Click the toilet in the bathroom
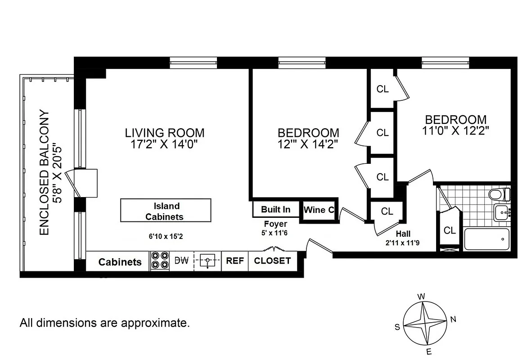click(500, 194)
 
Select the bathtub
click(486, 239)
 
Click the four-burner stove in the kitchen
click(159, 261)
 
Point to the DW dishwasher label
click(181, 261)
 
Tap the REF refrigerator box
click(234, 261)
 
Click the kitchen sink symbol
click(207, 261)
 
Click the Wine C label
click(319, 210)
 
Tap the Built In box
click(275, 210)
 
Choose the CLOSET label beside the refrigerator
click(272, 261)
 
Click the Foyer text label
click(275, 224)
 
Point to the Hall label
click(403, 234)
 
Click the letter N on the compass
click(453, 319)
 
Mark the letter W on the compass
click(422, 297)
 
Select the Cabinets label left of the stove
click(120, 262)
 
